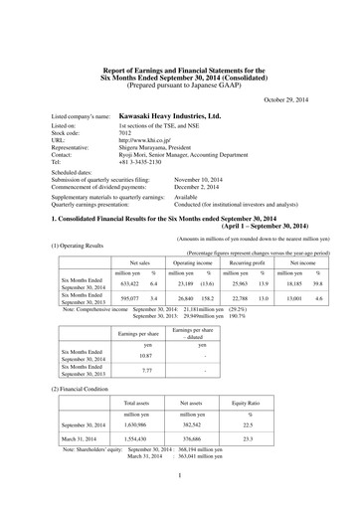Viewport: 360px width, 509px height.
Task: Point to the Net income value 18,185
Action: (291, 283)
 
